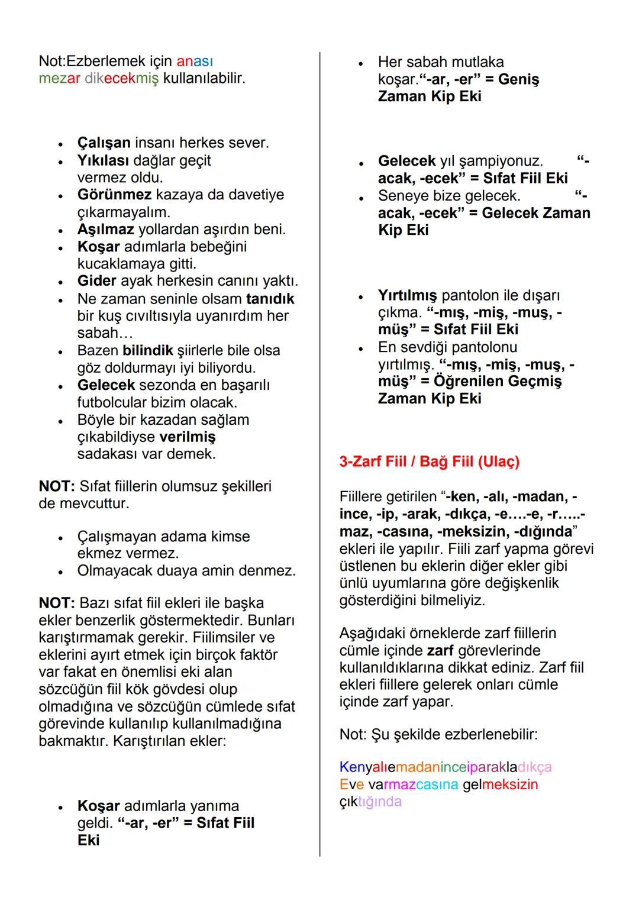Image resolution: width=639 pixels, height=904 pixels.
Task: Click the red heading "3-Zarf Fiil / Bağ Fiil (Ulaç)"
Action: [429, 461]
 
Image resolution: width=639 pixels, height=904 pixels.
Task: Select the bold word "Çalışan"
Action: [104, 143]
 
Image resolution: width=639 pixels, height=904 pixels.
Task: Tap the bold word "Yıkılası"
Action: [103, 160]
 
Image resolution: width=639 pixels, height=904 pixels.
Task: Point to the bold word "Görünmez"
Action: [114, 195]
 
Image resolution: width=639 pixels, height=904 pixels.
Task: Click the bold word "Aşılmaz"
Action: [105, 230]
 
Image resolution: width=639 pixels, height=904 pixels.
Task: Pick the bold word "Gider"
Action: [96, 281]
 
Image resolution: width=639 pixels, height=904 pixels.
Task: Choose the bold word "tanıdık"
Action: [270, 299]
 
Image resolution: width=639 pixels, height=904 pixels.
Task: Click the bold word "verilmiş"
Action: [188, 437]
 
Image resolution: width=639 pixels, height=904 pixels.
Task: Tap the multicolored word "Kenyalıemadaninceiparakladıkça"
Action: [445, 767]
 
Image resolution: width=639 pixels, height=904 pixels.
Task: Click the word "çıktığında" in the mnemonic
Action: [370, 802]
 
